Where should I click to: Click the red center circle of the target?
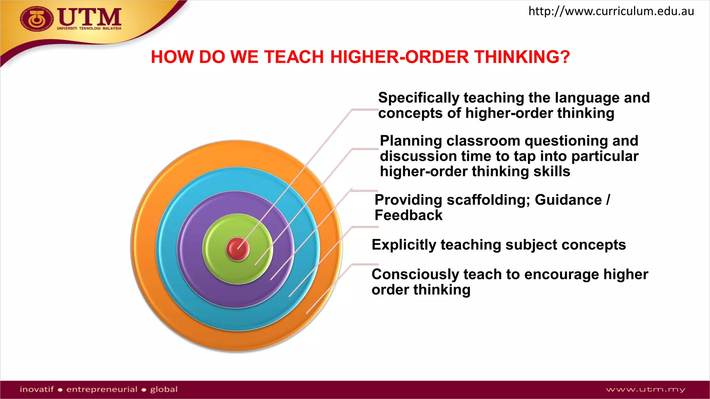(x=237, y=249)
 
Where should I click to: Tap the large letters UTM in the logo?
(x=89, y=17)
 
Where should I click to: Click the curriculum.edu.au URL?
(x=611, y=11)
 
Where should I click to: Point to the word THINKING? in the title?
(x=522, y=57)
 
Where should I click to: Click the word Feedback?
(x=408, y=215)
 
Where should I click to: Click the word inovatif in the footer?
(x=37, y=389)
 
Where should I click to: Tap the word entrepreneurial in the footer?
(x=102, y=389)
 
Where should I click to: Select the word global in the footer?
(x=164, y=389)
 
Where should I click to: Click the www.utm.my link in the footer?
(x=646, y=390)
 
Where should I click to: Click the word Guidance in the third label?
(x=568, y=200)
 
